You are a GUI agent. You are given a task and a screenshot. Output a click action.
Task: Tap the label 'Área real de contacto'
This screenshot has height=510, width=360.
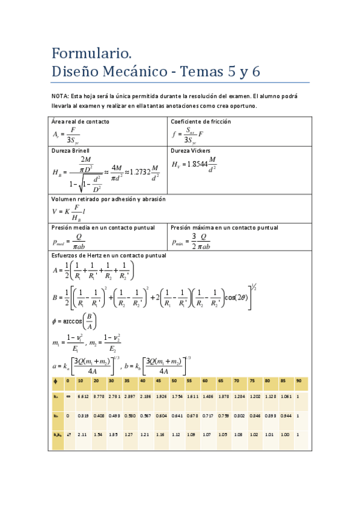point(80,121)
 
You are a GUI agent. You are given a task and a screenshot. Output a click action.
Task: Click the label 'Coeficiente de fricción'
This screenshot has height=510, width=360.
point(201,121)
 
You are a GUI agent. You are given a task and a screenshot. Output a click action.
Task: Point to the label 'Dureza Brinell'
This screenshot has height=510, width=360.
point(70,150)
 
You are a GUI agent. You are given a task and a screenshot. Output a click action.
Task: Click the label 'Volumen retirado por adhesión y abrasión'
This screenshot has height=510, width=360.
point(108,198)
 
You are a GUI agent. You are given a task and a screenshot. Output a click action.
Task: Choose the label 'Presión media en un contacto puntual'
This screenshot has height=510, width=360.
point(103,228)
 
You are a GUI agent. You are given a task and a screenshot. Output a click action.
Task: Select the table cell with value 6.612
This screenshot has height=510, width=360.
point(84,397)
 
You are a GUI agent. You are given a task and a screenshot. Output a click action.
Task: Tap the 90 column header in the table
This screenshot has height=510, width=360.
point(299,381)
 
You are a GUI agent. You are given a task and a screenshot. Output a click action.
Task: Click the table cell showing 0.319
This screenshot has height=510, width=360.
point(84,416)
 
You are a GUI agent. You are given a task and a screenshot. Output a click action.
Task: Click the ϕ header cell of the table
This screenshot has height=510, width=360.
point(56,381)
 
